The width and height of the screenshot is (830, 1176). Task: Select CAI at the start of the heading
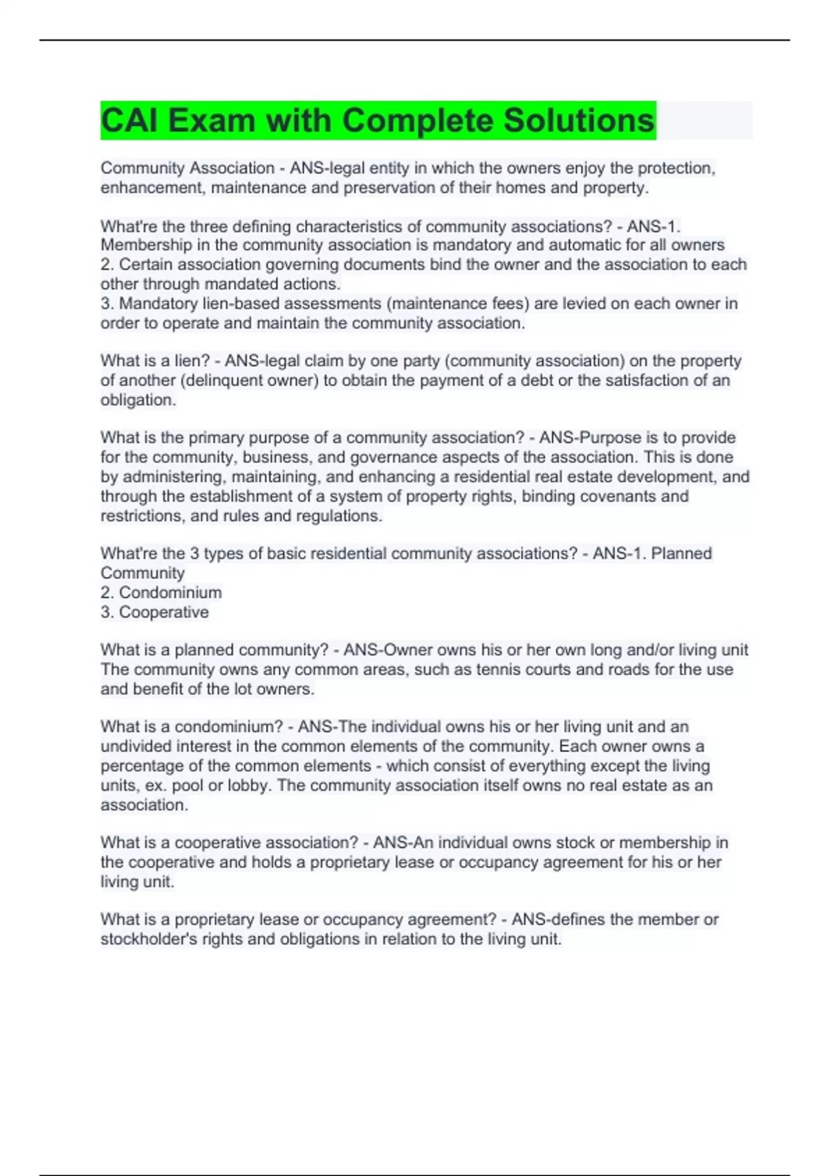[x=129, y=120]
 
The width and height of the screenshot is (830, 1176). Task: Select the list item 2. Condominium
[x=161, y=593]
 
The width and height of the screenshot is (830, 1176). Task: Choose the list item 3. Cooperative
[x=154, y=612]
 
